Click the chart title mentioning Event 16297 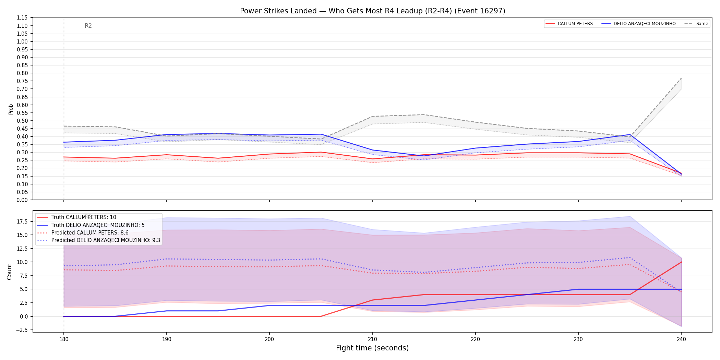point(372,11)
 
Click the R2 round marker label point(88,26)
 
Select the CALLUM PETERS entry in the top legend point(569,24)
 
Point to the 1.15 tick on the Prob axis point(22,18)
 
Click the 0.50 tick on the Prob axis point(22,121)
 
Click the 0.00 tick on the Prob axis point(22,200)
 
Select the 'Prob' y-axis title point(11,109)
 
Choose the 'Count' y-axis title point(9,272)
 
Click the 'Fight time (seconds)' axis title point(372,348)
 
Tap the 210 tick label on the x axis point(372,339)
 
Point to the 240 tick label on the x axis point(681,339)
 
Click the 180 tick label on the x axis point(64,339)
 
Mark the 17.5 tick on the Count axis point(23,221)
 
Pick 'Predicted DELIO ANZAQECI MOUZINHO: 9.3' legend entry point(98,240)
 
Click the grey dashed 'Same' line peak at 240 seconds point(681,78)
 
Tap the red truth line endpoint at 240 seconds point(681,262)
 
